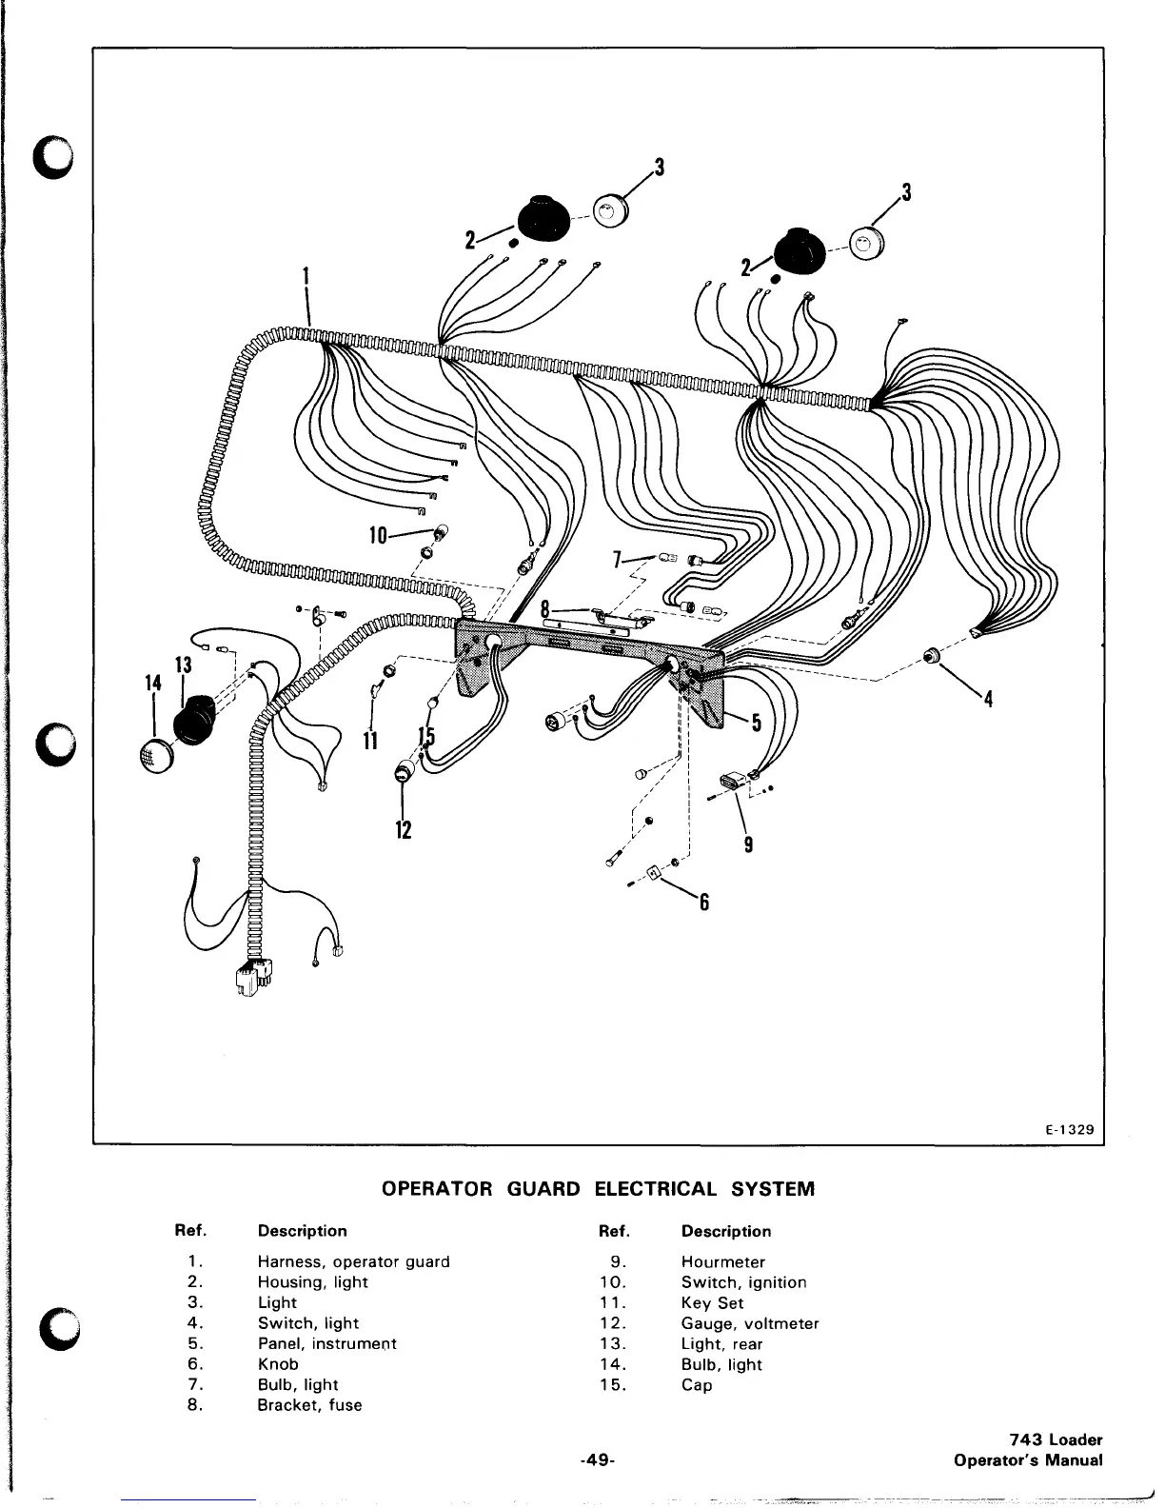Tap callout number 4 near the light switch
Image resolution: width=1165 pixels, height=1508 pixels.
[989, 700]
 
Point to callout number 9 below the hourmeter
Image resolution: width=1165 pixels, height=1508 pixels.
[749, 843]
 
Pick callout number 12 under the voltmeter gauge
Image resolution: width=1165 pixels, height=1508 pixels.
[404, 829]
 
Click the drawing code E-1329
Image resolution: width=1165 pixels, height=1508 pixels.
[1069, 1130]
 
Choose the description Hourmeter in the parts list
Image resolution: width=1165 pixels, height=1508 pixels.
[722, 1262]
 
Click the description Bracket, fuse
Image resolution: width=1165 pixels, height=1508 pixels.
[309, 1405]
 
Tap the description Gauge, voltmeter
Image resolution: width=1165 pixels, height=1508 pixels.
[749, 1323]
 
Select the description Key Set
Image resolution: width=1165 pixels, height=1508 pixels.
[712, 1303]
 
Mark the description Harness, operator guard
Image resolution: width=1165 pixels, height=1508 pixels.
[353, 1262]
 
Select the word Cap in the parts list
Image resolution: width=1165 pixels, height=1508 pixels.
[696, 1385]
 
